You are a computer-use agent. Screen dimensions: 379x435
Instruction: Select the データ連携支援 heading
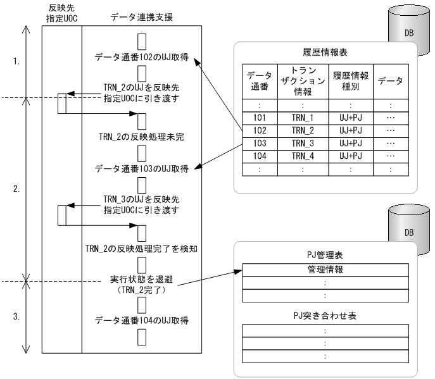point(142,15)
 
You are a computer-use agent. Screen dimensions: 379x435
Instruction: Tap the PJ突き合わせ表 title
point(325,315)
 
